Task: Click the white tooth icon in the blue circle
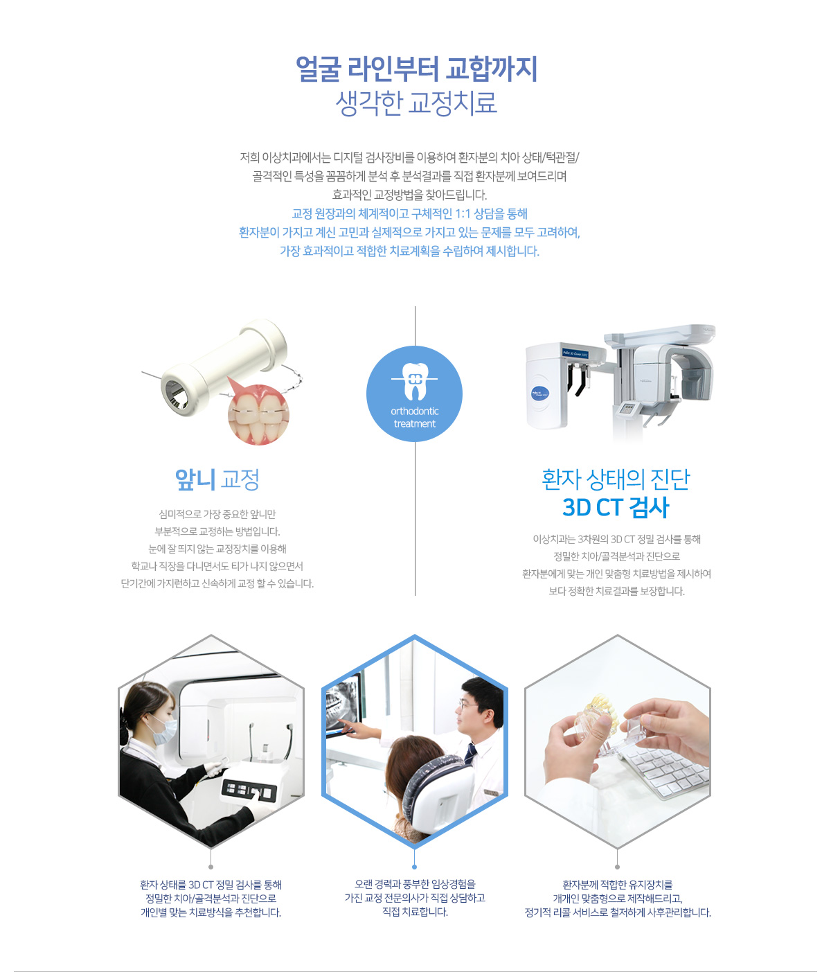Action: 413,380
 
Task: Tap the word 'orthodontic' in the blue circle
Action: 414,411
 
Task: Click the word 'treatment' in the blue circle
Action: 414,423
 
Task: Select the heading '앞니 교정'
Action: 217,479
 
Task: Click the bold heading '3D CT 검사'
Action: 615,507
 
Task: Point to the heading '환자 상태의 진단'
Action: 616,479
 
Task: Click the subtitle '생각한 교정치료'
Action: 416,103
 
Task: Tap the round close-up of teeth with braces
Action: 258,414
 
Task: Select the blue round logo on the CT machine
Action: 539,392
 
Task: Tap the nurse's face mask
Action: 163,730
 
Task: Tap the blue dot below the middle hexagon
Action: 414,866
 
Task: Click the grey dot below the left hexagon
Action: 211,866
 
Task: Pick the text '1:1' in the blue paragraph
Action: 463,214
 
